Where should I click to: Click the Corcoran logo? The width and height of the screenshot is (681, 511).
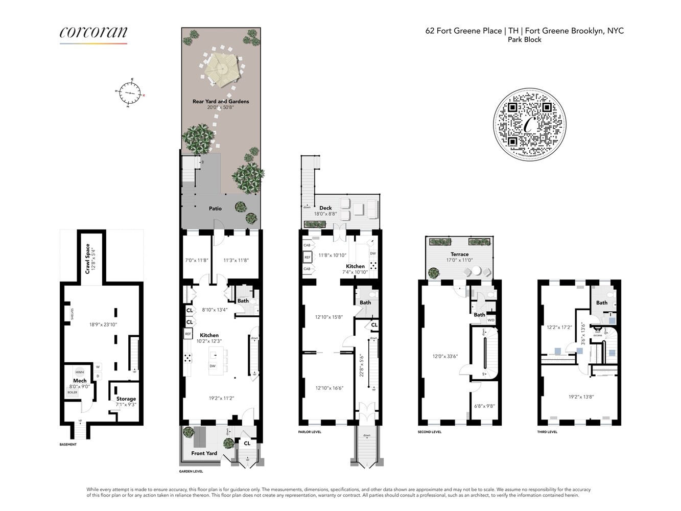[x=93, y=33]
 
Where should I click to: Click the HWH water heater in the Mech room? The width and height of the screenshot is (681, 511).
[x=80, y=372]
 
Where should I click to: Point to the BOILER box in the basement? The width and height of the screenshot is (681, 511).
[x=73, y=392]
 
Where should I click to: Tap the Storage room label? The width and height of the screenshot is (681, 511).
[x=126, y=399]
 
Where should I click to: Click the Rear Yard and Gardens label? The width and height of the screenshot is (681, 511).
[x=221, y=102]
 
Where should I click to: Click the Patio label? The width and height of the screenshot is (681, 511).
[x=215, y=208]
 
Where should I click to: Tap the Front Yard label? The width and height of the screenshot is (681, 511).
[x=204, y=453]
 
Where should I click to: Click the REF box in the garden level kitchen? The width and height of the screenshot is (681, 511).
[x=188, y=334]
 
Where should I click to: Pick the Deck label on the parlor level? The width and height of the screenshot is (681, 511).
[x=325, y=208]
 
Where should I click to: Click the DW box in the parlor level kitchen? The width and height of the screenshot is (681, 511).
[x=372, y=253]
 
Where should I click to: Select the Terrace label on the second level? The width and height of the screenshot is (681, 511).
[x=459, y=254]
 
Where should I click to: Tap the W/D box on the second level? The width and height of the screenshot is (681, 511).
[x=490, y=320]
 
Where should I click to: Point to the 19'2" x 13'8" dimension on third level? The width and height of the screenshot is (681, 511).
[x=581, y=397]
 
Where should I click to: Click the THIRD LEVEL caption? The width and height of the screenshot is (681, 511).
[x=547, y=432]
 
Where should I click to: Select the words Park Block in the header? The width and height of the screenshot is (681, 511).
[x=524, y=39]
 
